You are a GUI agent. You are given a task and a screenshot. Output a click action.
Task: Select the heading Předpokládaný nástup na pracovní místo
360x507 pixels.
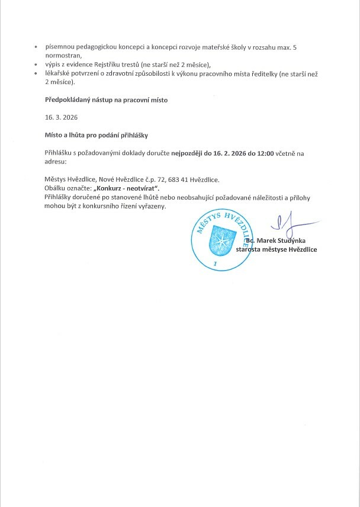coord(106,100)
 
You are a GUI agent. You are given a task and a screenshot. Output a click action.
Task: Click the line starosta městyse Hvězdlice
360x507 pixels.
coord(276,249)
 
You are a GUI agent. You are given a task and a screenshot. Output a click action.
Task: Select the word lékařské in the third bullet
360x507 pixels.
coord(57,73)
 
